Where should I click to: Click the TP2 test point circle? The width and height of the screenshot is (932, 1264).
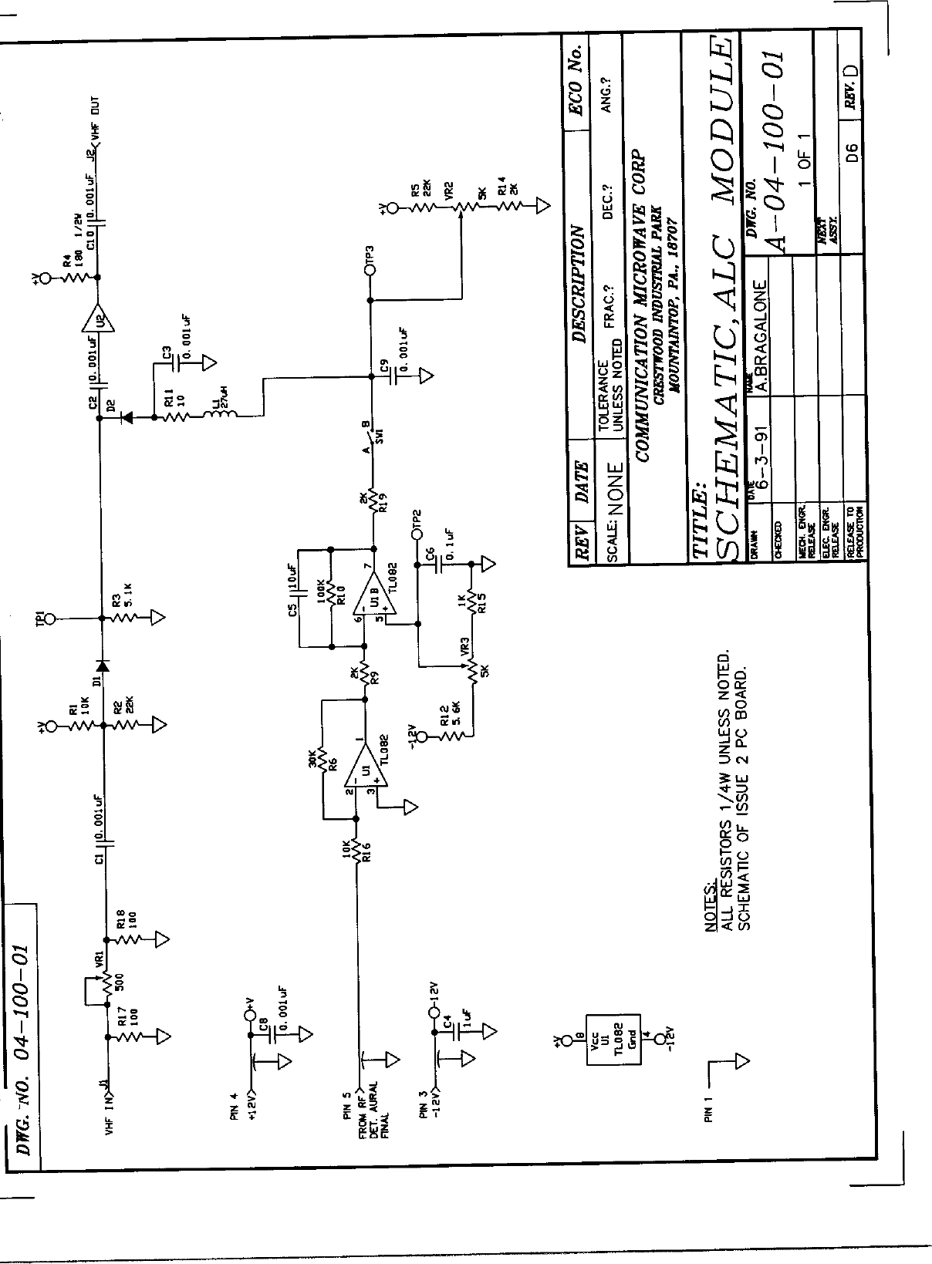point(417,534)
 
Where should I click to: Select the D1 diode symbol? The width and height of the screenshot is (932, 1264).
point(101,666)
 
